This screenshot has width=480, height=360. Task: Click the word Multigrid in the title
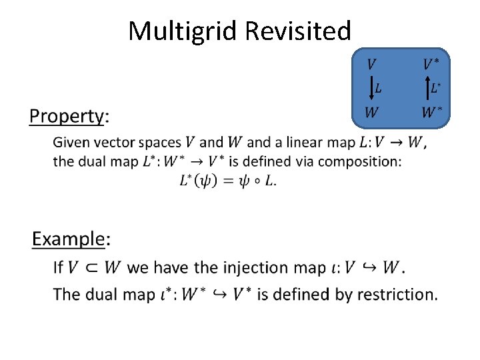pyautogui.click(x=183, y=31)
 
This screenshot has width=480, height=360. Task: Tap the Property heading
pyautogui.click(x=67, y=117)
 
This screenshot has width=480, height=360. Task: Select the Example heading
pyautogui.click(x=69, y=239)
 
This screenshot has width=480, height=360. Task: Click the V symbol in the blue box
pyautogui.click(x=371, y=65)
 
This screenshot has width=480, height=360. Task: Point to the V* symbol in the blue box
pyautogui.click(x=431, y=65)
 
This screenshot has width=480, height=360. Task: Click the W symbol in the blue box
pyautogui.click(x=371, y=112)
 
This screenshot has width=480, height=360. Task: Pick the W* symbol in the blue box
pyautogui.click(x=431, y=112)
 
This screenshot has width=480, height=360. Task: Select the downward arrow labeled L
pyautogui.click(x=371, y=88)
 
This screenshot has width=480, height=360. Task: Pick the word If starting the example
pyautogui.click(x=58, y=268)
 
